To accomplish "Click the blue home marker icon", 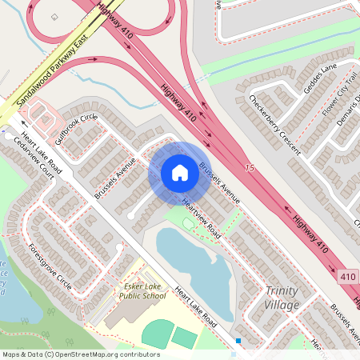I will (x=179, y=173).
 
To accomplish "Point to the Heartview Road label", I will (x=201, y=218).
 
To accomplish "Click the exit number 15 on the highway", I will (x=250, y=168).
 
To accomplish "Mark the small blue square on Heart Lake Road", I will (x=238, y=342).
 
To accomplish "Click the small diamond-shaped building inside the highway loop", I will (x=54, y=16).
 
